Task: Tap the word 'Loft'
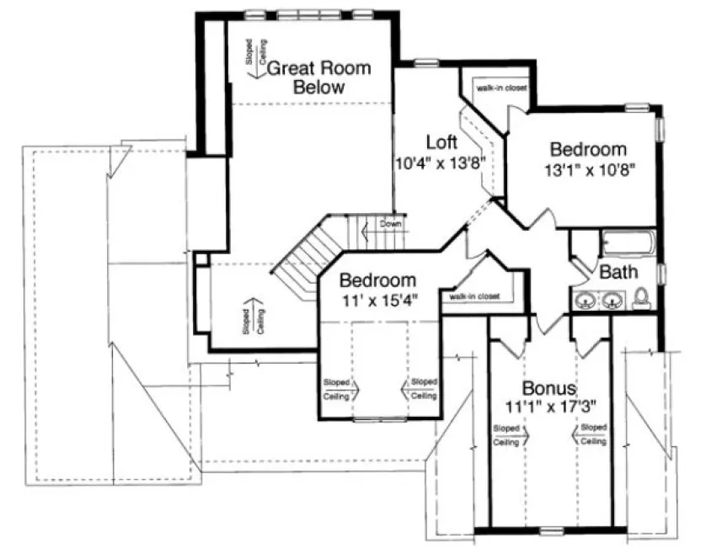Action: pos(441,141)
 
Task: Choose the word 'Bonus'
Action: pos(548,389)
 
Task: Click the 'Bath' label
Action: pos(618,273)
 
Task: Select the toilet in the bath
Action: pos(641,296)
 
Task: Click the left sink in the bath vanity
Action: pos(585,300)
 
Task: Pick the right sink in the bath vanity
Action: pos(612,300)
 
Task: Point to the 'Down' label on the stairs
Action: pos(390,224)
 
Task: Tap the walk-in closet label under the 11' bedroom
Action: pos(474,296)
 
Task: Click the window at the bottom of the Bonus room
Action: pos(550,530)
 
